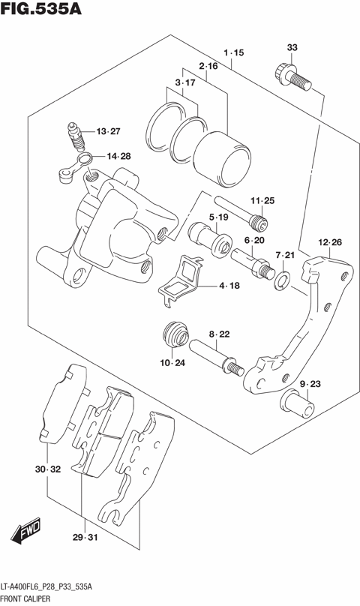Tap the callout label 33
292,48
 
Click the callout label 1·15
234,52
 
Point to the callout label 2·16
208,67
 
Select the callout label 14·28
118,157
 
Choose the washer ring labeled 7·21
283,280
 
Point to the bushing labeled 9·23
298,404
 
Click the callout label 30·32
46,469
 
